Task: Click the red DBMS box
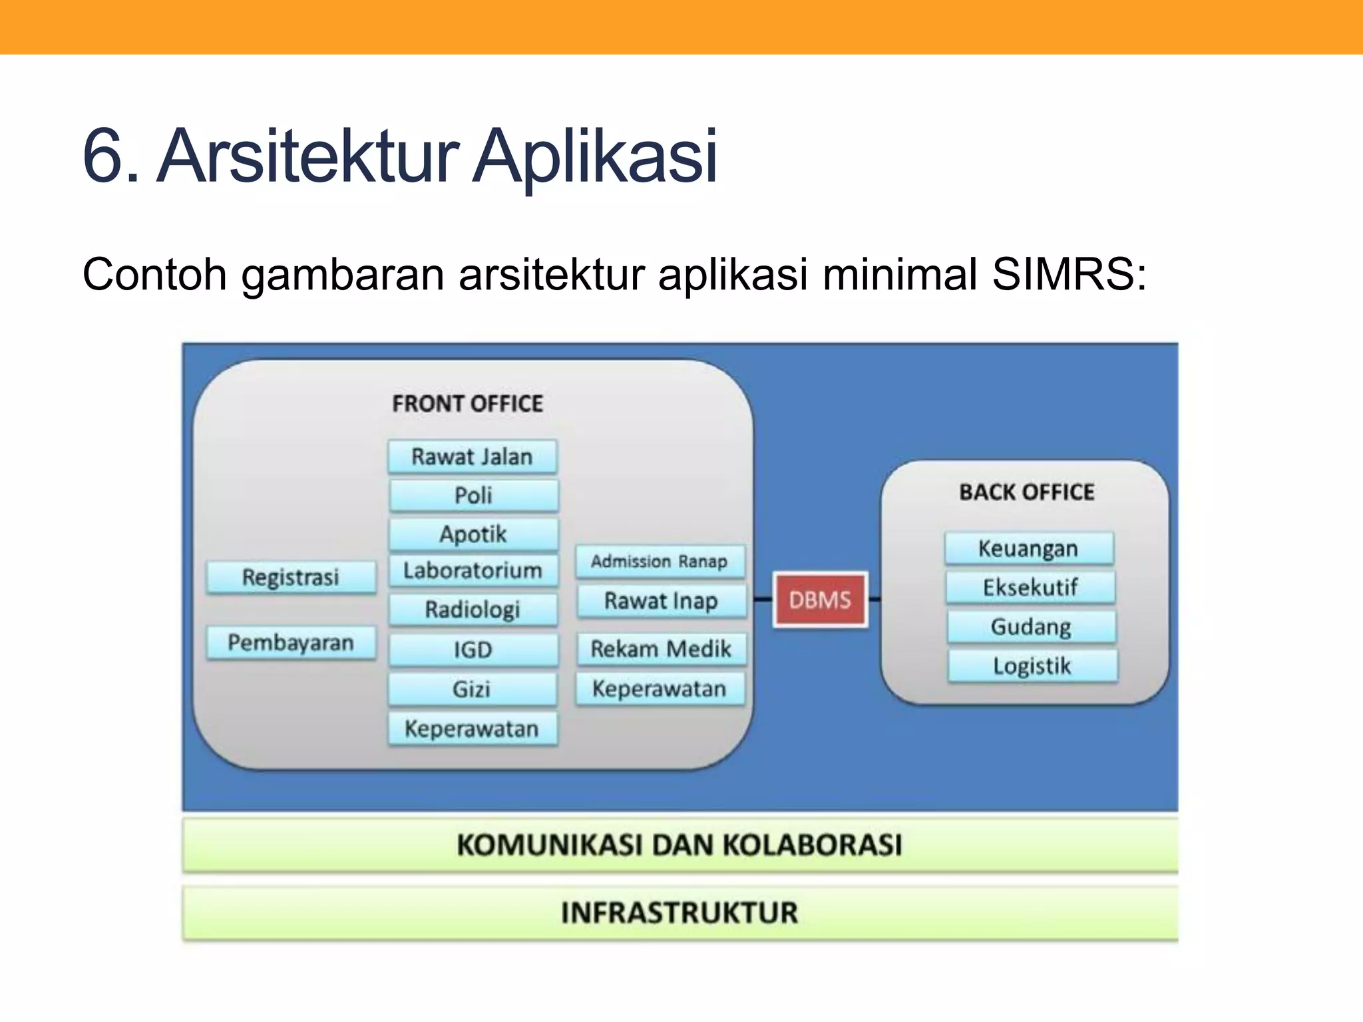pyautogui.click(x=820, y=599)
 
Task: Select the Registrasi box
pyautogui.click(x=291, y=576)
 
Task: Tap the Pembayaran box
pyautogui.click(x=291, y=642)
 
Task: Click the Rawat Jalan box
pyautogui.click(x=473, y=456)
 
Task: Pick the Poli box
pyautogui.click(x=474, y=495)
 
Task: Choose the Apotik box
pyautogui.click(x=474, y=534)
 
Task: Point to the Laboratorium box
pyautogui.click(x=473, y=570)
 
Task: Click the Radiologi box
pyautogui.click(x=473, y=609)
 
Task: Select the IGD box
pyautogui.click(x=473, y=649)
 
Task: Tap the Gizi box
pyautogui.click(x=473, y=689)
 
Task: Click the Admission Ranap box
pyautogui.click(x=660, y=561)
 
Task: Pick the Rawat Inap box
pyautogui.click(x=661, y=600)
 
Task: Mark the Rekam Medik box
pyautogui.click(x=661, y=648)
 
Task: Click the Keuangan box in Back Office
pyautogui.click(x=1028, y=548)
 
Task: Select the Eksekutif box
pyautogui.click(x=1030, y=587)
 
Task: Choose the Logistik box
pyautogui.click(x=1032, y=665)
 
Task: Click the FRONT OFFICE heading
pyautogui.click(x=467, y=403)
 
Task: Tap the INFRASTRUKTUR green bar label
pyautogui.click(x=680, y=912)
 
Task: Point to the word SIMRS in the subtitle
pyautogui.click(x=1069, y=274)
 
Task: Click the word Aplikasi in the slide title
pyautogui.click(x=595, y=156)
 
